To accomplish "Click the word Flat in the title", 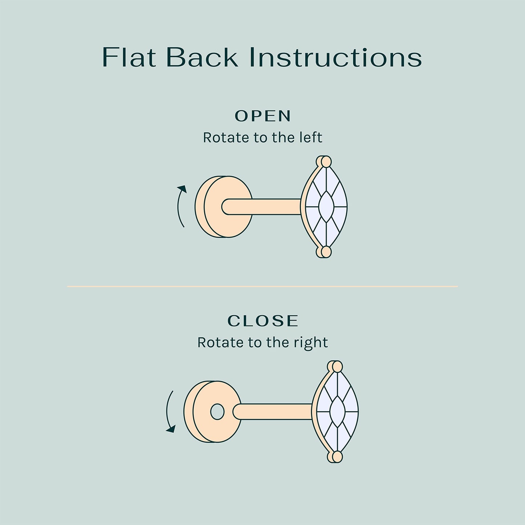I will [129, 57].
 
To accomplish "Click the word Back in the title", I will [202, 57].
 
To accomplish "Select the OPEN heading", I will [263, 116].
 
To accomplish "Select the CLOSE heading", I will [263, 321].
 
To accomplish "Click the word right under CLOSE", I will [312, 343].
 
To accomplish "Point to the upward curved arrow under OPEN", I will [179, 206].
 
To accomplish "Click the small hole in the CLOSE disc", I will [217, 412].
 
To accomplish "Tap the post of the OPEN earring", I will [262, 206].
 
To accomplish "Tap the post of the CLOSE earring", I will [272, 412].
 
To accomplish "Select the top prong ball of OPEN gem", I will [326, 161].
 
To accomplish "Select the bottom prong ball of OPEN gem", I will [326, 251].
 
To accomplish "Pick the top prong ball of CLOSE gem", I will [337, 366].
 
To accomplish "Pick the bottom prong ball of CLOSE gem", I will [337, 457].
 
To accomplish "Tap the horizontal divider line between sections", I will [262, 286].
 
